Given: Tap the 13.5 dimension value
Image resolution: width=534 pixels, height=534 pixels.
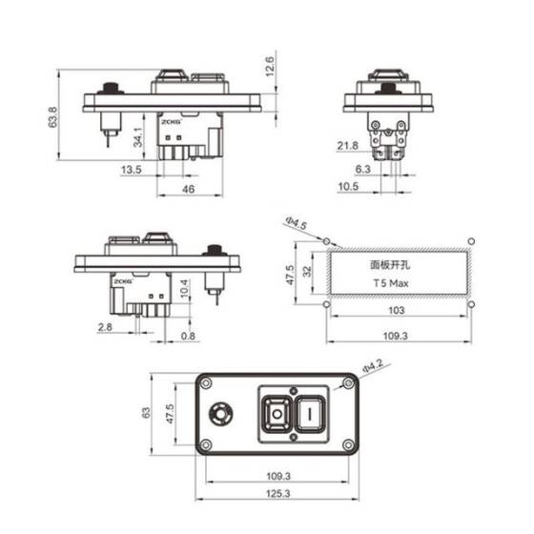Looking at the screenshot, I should pos(132,171).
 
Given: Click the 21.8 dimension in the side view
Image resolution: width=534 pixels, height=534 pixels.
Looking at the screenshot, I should pos(349,145).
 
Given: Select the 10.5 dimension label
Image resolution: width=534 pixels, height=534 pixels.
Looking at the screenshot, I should pos(349,187).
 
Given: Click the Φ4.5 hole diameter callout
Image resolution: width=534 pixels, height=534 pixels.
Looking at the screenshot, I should pos(296,225).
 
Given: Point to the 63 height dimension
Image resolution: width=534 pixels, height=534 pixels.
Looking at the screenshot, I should pos(146,413).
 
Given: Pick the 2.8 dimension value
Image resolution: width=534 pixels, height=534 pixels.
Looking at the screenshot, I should pos(104,326).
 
